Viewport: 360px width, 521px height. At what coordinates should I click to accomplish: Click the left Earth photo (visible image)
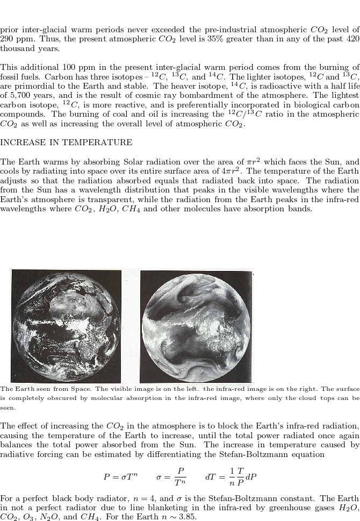pos(66,326)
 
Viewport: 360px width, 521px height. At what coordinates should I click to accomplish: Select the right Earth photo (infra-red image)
pos(196,326)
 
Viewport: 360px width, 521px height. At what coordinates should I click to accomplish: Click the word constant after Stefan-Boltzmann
pos(321,497)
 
